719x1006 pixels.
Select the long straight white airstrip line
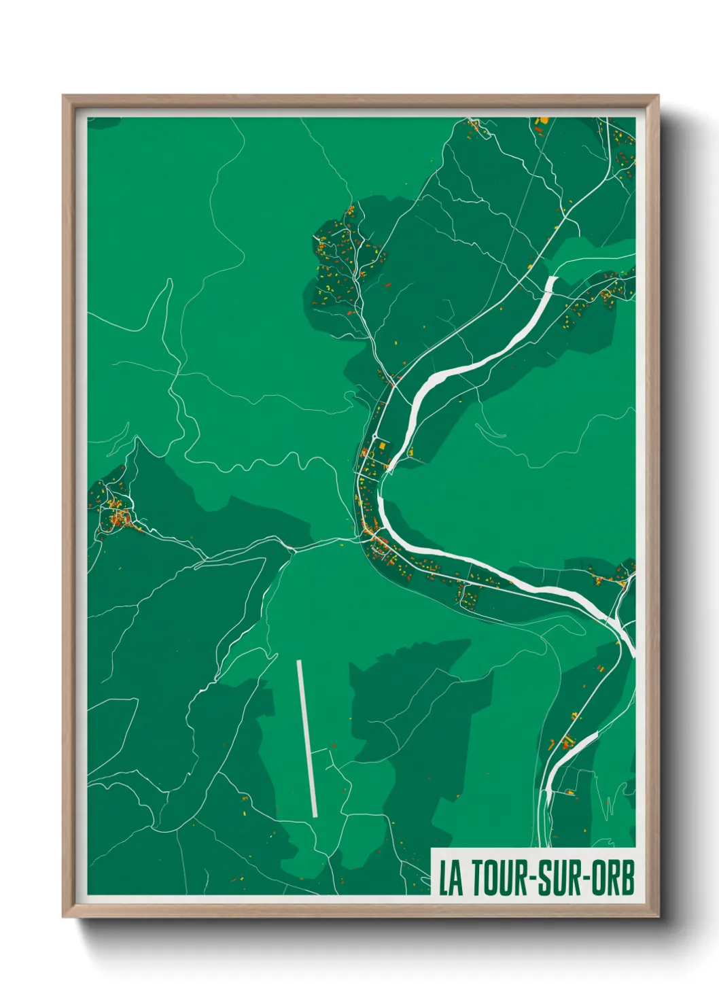click(x=306, y=738)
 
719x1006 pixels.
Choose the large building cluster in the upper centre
click(x=340, y=265)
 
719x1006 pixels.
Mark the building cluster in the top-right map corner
click(x=622, y=146)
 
